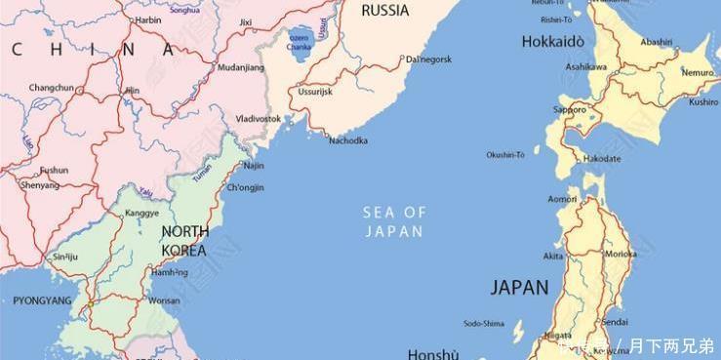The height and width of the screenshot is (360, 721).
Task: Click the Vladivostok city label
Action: click(259, 118)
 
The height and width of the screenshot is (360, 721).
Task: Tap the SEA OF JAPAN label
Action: click(394, 221)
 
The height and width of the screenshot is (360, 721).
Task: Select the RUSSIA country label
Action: click(384, 11)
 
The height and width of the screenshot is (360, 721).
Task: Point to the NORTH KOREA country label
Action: click(184, 241)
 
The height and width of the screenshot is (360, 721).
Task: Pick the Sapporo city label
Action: click(570, 110)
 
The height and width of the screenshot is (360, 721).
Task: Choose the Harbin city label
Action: click(148, 20)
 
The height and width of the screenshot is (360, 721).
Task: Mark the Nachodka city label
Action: click(348, 140)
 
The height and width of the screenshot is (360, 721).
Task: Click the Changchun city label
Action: click(51, 88)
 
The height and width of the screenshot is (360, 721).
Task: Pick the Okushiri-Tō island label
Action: click(505, 154)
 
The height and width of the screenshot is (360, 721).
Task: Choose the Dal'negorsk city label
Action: click(428, 59)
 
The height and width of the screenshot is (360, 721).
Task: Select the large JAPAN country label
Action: click(519, 287)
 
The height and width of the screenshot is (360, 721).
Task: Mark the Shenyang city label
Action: click(39, 184)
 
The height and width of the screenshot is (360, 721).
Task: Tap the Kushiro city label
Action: click(703, 101)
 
